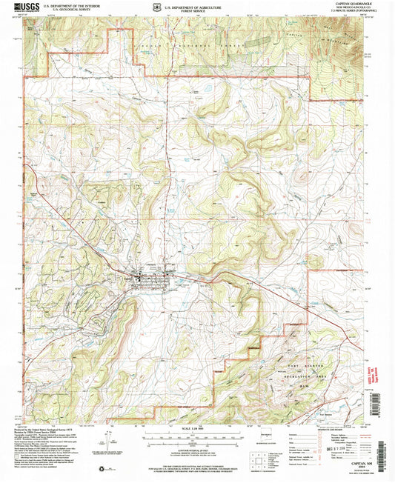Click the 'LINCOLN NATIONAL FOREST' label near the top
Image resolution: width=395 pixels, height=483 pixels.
189,44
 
